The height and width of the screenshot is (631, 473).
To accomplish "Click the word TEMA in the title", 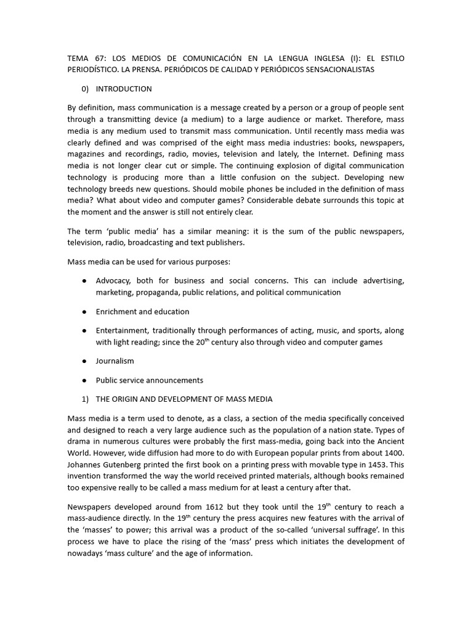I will (x=78, y=58).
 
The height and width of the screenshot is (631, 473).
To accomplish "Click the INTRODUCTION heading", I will (x=124, y=89).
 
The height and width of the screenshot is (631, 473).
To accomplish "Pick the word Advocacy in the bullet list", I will (x=113, y=280).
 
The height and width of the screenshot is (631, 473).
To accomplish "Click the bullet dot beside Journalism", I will (x=84, y=361).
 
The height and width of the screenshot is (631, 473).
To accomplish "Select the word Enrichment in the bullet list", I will (x=116, y=311).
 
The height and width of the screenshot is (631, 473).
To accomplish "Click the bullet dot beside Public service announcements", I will (x=84, y=380).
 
